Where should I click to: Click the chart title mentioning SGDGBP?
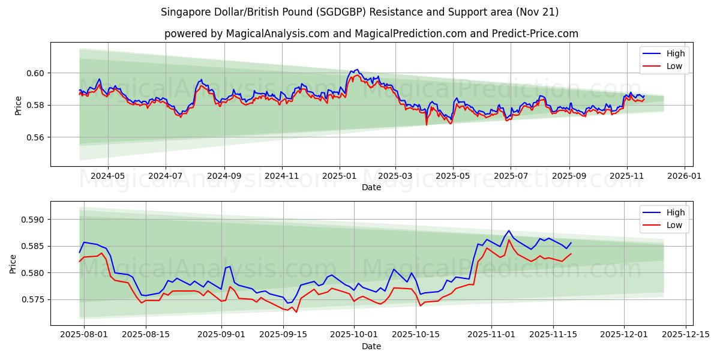360,12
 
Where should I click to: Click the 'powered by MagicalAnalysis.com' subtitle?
371,34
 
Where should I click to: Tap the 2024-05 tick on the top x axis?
108,176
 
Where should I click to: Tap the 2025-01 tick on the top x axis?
340,176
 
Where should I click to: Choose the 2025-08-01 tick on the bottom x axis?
83,335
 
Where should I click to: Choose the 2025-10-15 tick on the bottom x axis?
415,335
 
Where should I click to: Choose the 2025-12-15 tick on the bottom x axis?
686,335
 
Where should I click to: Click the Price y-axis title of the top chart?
18,106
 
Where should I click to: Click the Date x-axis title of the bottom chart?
371,346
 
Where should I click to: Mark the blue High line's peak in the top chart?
357,70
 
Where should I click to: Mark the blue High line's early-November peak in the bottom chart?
509,230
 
